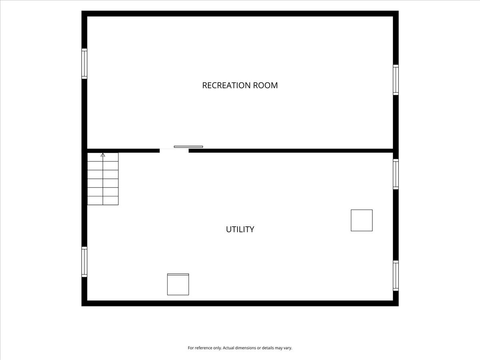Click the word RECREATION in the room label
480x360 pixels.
coord(226,85)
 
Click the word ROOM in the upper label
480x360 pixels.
coord(265,85)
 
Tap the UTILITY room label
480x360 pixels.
coord(240,229)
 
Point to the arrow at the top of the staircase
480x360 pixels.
coord(103,155)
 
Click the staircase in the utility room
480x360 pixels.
coord(103,179)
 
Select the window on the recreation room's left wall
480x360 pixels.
coord(84,64)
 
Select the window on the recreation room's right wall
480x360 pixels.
coord(396,80)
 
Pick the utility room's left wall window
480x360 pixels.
coord(84,262)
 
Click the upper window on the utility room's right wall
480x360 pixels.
coord(396,174)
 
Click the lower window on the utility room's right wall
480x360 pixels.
coord(396,276)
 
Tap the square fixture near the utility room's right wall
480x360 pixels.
coord(362,220)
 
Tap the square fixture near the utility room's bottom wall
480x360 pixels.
coord(178,284)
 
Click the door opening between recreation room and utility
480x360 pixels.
coord(174,151)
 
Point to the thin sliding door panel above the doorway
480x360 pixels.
coord(188,147)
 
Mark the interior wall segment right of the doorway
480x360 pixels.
coord(291,151)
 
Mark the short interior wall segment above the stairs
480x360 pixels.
coord(123,151)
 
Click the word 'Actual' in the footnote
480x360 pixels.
coord(228,348)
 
